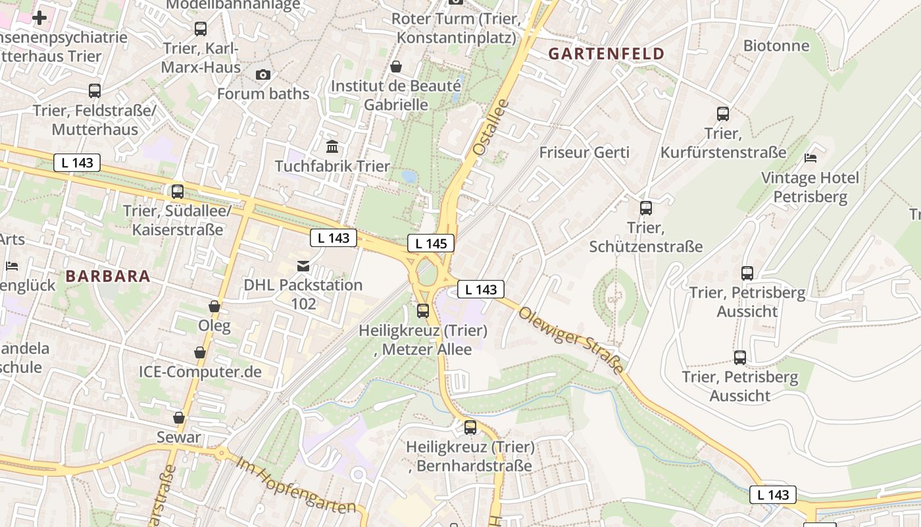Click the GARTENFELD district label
pos(607,54)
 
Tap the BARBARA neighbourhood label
pos(108,276)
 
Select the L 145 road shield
pos(431,243)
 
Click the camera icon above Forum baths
pos(263,74)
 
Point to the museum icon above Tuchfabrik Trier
pos(332,146)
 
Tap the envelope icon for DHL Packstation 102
pos(303,266)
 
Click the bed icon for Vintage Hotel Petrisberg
pos(810,158)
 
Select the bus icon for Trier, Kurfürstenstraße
pos(723,114)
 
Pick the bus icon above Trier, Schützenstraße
pos(646,208)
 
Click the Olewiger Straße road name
pos(571,341)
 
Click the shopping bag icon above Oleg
pos(214,306)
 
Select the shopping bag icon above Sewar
pos(179,418)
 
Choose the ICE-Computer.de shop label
pos(200,372)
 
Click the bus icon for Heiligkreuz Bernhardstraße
pos(470,428)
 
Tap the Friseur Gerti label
pos(584,152)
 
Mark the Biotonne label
pos(776,45)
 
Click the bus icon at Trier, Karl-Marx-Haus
pos(201,29)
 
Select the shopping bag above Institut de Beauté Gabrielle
pos(396,67)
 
